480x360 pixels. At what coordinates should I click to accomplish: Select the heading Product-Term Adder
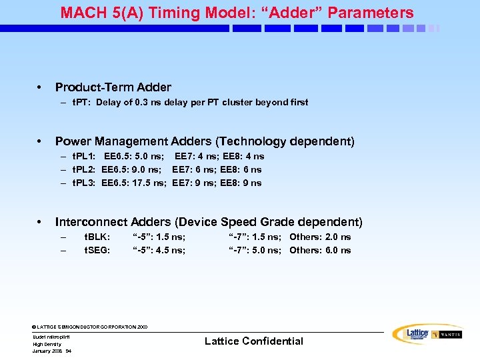click(113, 87)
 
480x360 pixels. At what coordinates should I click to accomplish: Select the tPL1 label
click(83, 157)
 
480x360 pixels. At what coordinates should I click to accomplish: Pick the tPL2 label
click(83, 170)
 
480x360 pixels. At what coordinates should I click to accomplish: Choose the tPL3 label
click(83, 183)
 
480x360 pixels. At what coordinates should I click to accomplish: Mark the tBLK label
click(97, 237)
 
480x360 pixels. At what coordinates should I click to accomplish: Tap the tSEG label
click(97, 251)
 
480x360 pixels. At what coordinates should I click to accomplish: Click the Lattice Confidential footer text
click(253, 341)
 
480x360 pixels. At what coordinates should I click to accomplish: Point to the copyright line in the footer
click(90, 327)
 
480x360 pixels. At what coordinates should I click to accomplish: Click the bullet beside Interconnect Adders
click(41, 222)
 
